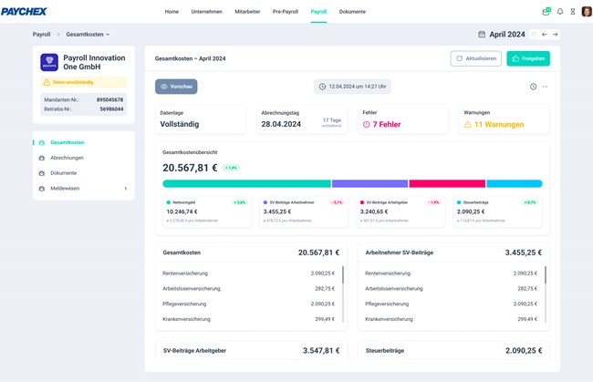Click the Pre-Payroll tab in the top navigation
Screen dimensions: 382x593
(x=285, y=12)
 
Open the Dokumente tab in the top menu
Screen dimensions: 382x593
(x=352, y=12)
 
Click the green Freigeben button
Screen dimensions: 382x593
(x=528, y=58)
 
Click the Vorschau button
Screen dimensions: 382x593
(x=176, y=87)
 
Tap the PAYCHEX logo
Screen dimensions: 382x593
(x=25, y=12)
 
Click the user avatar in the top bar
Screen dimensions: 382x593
(x=586, y=12)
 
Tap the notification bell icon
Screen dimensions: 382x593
(x=560, y=12)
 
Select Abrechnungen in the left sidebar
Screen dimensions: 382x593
(x=68, y=158)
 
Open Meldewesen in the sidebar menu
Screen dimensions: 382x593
(x=66, y=189)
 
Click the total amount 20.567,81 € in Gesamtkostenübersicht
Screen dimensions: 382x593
(x=190, y=168)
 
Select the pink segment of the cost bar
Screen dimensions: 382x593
(x=446, y=183)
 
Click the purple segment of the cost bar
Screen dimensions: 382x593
(x=369, y=183)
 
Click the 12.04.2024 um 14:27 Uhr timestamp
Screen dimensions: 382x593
(x=357, y=87)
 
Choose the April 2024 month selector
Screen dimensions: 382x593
(x=506, y=35)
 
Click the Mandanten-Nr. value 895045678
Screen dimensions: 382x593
(x=109, y=99)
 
